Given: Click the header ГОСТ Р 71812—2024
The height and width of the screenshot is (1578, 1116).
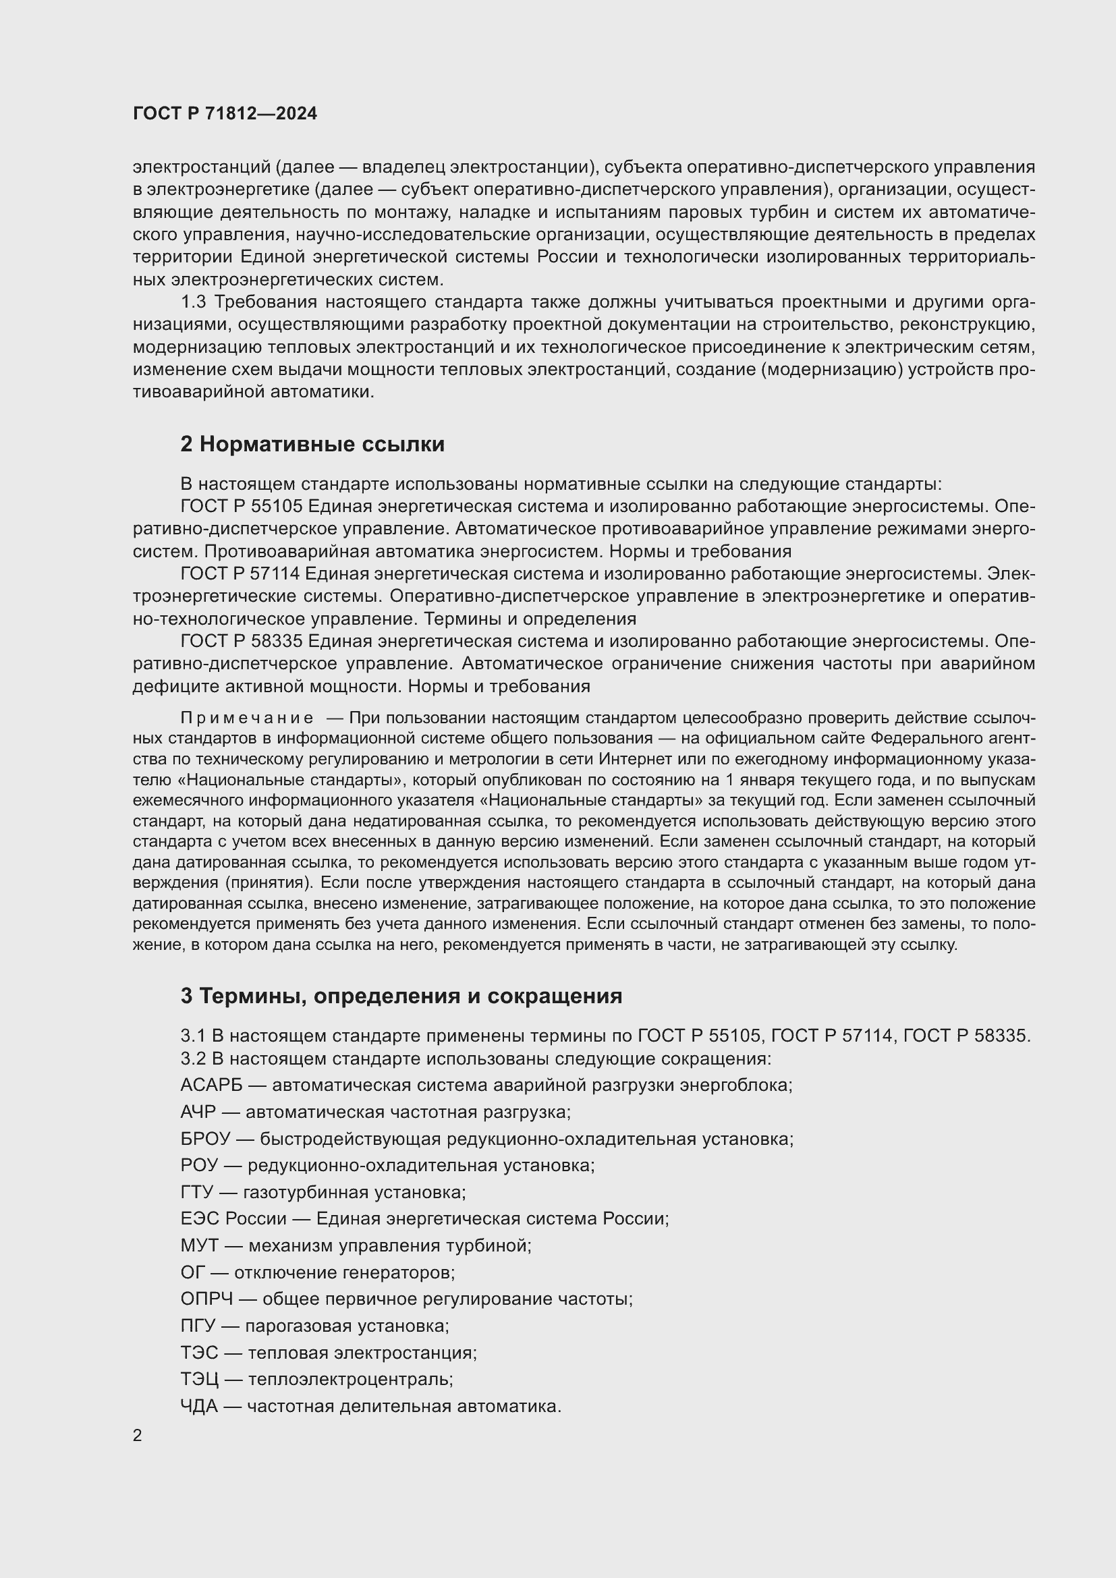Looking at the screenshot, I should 225,114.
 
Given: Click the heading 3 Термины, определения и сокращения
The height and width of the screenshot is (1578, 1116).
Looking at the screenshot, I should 401,996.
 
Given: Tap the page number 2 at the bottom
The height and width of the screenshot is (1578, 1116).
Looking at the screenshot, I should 138,1436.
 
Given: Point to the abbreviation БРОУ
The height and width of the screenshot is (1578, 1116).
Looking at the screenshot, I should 205,1139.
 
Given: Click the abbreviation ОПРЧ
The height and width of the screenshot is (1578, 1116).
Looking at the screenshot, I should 207,1299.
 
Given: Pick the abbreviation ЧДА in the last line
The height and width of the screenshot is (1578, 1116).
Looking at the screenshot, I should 198,1406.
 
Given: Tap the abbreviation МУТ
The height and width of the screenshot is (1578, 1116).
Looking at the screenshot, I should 199,1245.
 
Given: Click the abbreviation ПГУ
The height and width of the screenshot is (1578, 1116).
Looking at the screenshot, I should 198,1326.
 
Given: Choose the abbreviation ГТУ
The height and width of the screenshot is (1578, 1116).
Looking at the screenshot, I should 196,1192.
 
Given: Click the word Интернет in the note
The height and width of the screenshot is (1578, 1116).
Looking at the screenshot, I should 632,760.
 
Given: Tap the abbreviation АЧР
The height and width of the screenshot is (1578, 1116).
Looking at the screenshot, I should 198,1112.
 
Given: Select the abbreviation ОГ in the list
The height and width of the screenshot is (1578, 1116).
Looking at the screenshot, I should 192,1272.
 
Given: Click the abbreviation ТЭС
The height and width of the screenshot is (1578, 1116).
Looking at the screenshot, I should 198,1353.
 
